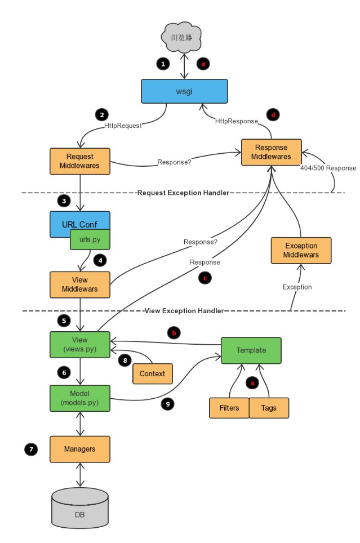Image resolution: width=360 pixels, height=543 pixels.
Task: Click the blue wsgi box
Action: tap(184, 91)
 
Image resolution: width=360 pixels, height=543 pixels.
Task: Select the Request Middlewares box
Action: tap(79, 161)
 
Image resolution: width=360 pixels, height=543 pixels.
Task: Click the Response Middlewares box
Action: tap(271, 152)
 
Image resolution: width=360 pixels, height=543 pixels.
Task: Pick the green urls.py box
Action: tap(89, 239)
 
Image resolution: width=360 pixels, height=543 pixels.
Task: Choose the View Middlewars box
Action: tap(79, 284)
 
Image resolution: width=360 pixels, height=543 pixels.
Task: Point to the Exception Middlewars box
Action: tap(301, 250)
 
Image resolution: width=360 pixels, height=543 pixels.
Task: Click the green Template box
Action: tap(251, 350)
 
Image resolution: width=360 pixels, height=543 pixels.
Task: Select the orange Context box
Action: tap(153, 373)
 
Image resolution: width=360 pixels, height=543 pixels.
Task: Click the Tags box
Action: tap(269, 408)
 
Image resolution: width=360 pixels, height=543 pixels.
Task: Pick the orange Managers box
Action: tap(79, 449)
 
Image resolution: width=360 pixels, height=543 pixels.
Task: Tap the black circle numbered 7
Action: tap(30, 449)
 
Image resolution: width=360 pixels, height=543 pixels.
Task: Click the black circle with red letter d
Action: tap(273, 114)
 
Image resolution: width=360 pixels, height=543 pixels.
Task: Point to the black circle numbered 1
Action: tap(163, 64)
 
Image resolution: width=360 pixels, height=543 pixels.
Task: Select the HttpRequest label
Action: tap(122, 126)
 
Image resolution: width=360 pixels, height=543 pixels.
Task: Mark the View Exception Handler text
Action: tap(184, 310)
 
